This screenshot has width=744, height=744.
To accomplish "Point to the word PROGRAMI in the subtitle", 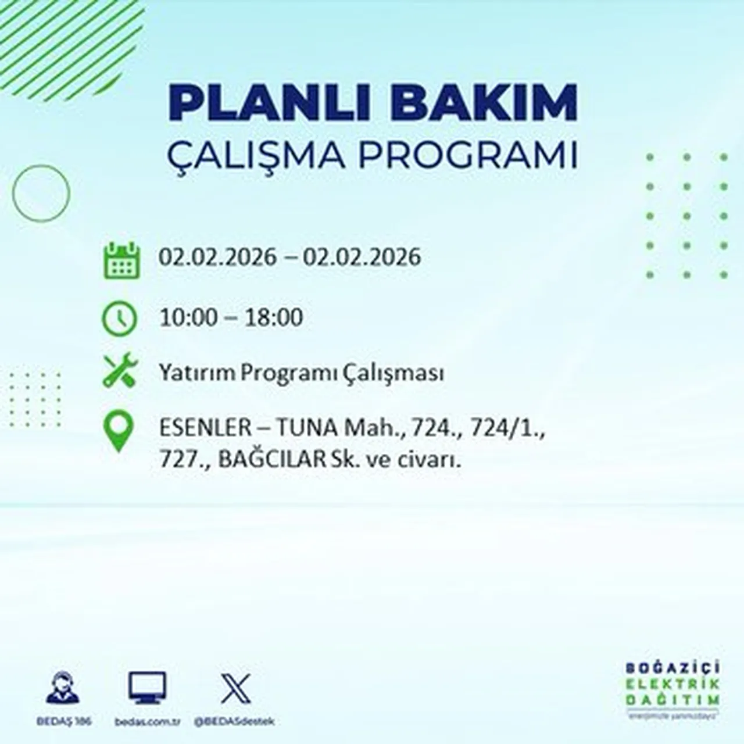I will [x=468, y=155].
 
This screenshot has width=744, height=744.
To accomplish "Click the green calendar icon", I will [x=121, y=260].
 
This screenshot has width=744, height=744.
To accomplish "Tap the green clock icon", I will [x=120, y=319].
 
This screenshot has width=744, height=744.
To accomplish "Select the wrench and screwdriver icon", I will [x=120, y=371].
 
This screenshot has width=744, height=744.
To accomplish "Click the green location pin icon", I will [x=119, y=432].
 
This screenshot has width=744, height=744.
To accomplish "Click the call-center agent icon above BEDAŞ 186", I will [x=63, y=688].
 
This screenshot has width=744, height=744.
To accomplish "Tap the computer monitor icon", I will [x=147, y=688].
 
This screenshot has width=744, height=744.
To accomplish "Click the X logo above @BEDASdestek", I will [x=235, y=689].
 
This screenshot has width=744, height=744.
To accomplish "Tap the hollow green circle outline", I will [x=41, y=193].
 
